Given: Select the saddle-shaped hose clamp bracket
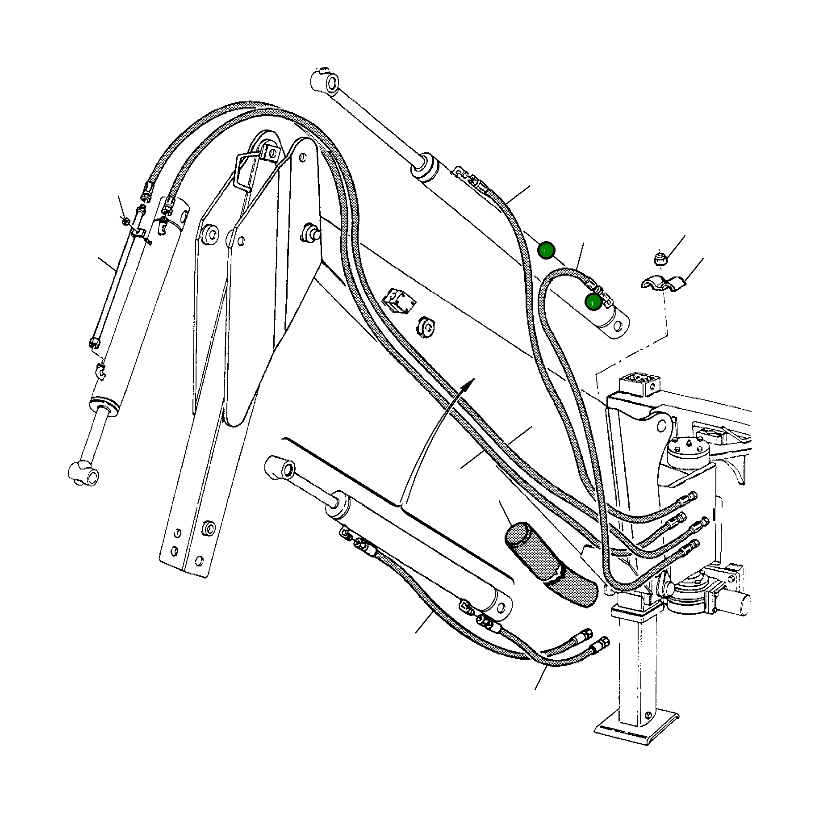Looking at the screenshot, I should tap(663, 284).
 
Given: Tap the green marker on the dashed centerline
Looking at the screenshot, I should tap(546, 251).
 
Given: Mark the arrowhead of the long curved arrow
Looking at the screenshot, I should tap(469, 383).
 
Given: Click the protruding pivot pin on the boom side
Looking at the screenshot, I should tap(310, 232).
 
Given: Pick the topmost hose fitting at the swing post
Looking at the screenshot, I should tap(690, 497).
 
